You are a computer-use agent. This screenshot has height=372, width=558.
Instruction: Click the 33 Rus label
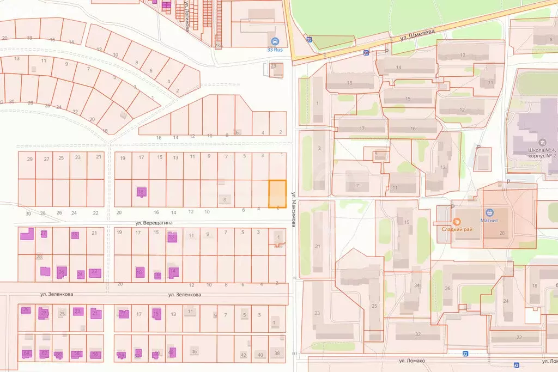click(275, 50)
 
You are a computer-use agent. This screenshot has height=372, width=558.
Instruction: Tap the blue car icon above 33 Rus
click(275, 41)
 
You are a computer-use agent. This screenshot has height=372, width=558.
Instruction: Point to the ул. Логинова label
click(186, 16)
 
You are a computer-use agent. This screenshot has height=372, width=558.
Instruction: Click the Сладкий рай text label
click(457, 229)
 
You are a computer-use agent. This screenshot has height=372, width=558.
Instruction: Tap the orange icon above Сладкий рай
click(457, 221)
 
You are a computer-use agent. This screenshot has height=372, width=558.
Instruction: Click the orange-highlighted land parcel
click(277, 194)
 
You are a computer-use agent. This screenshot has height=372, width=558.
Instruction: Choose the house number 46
click(193, 352)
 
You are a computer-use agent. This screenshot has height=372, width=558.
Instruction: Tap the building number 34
click(417, 285)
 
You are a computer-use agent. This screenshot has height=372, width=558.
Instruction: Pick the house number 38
click(277, 353)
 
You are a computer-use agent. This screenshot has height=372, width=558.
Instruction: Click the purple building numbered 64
click(27, 353)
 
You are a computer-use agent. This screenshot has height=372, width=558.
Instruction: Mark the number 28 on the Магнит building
click(501, 233)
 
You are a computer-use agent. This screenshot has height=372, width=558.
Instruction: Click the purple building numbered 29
click(26, 310)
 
